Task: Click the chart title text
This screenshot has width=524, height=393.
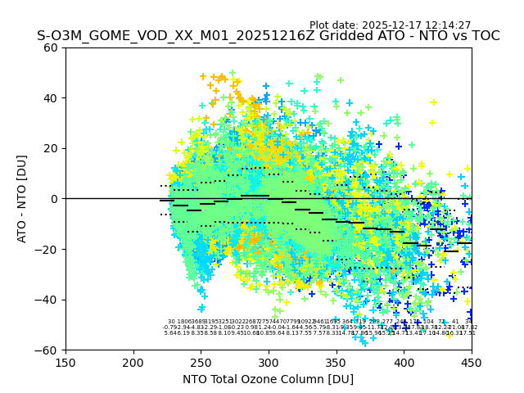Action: pos(268,36)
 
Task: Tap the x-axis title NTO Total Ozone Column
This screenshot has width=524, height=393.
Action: pos(268,379)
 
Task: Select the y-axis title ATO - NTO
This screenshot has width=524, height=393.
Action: pos(22,198)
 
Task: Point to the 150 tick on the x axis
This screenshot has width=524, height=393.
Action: pos(65,362)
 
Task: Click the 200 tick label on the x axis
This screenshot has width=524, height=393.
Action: pos(133,362)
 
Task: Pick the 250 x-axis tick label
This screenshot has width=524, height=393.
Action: pos(201,362)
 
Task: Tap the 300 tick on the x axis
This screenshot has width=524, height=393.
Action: pos(269,362)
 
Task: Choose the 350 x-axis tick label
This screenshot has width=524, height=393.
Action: pos(336,362)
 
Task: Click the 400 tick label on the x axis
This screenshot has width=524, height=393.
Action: pos(404,362)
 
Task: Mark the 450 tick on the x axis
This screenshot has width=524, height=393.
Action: pos(471,362)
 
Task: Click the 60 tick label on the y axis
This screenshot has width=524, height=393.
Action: pos(51,47)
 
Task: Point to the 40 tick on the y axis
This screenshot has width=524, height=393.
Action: pos(51,98)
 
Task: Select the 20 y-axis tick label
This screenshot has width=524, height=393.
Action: pos(51,148)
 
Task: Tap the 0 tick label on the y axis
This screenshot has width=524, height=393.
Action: pos(54,199)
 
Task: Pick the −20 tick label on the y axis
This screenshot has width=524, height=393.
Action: pos(47,249)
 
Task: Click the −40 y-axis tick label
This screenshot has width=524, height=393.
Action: pos(47,300)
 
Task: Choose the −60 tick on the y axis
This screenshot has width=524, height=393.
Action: pos(47,350)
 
